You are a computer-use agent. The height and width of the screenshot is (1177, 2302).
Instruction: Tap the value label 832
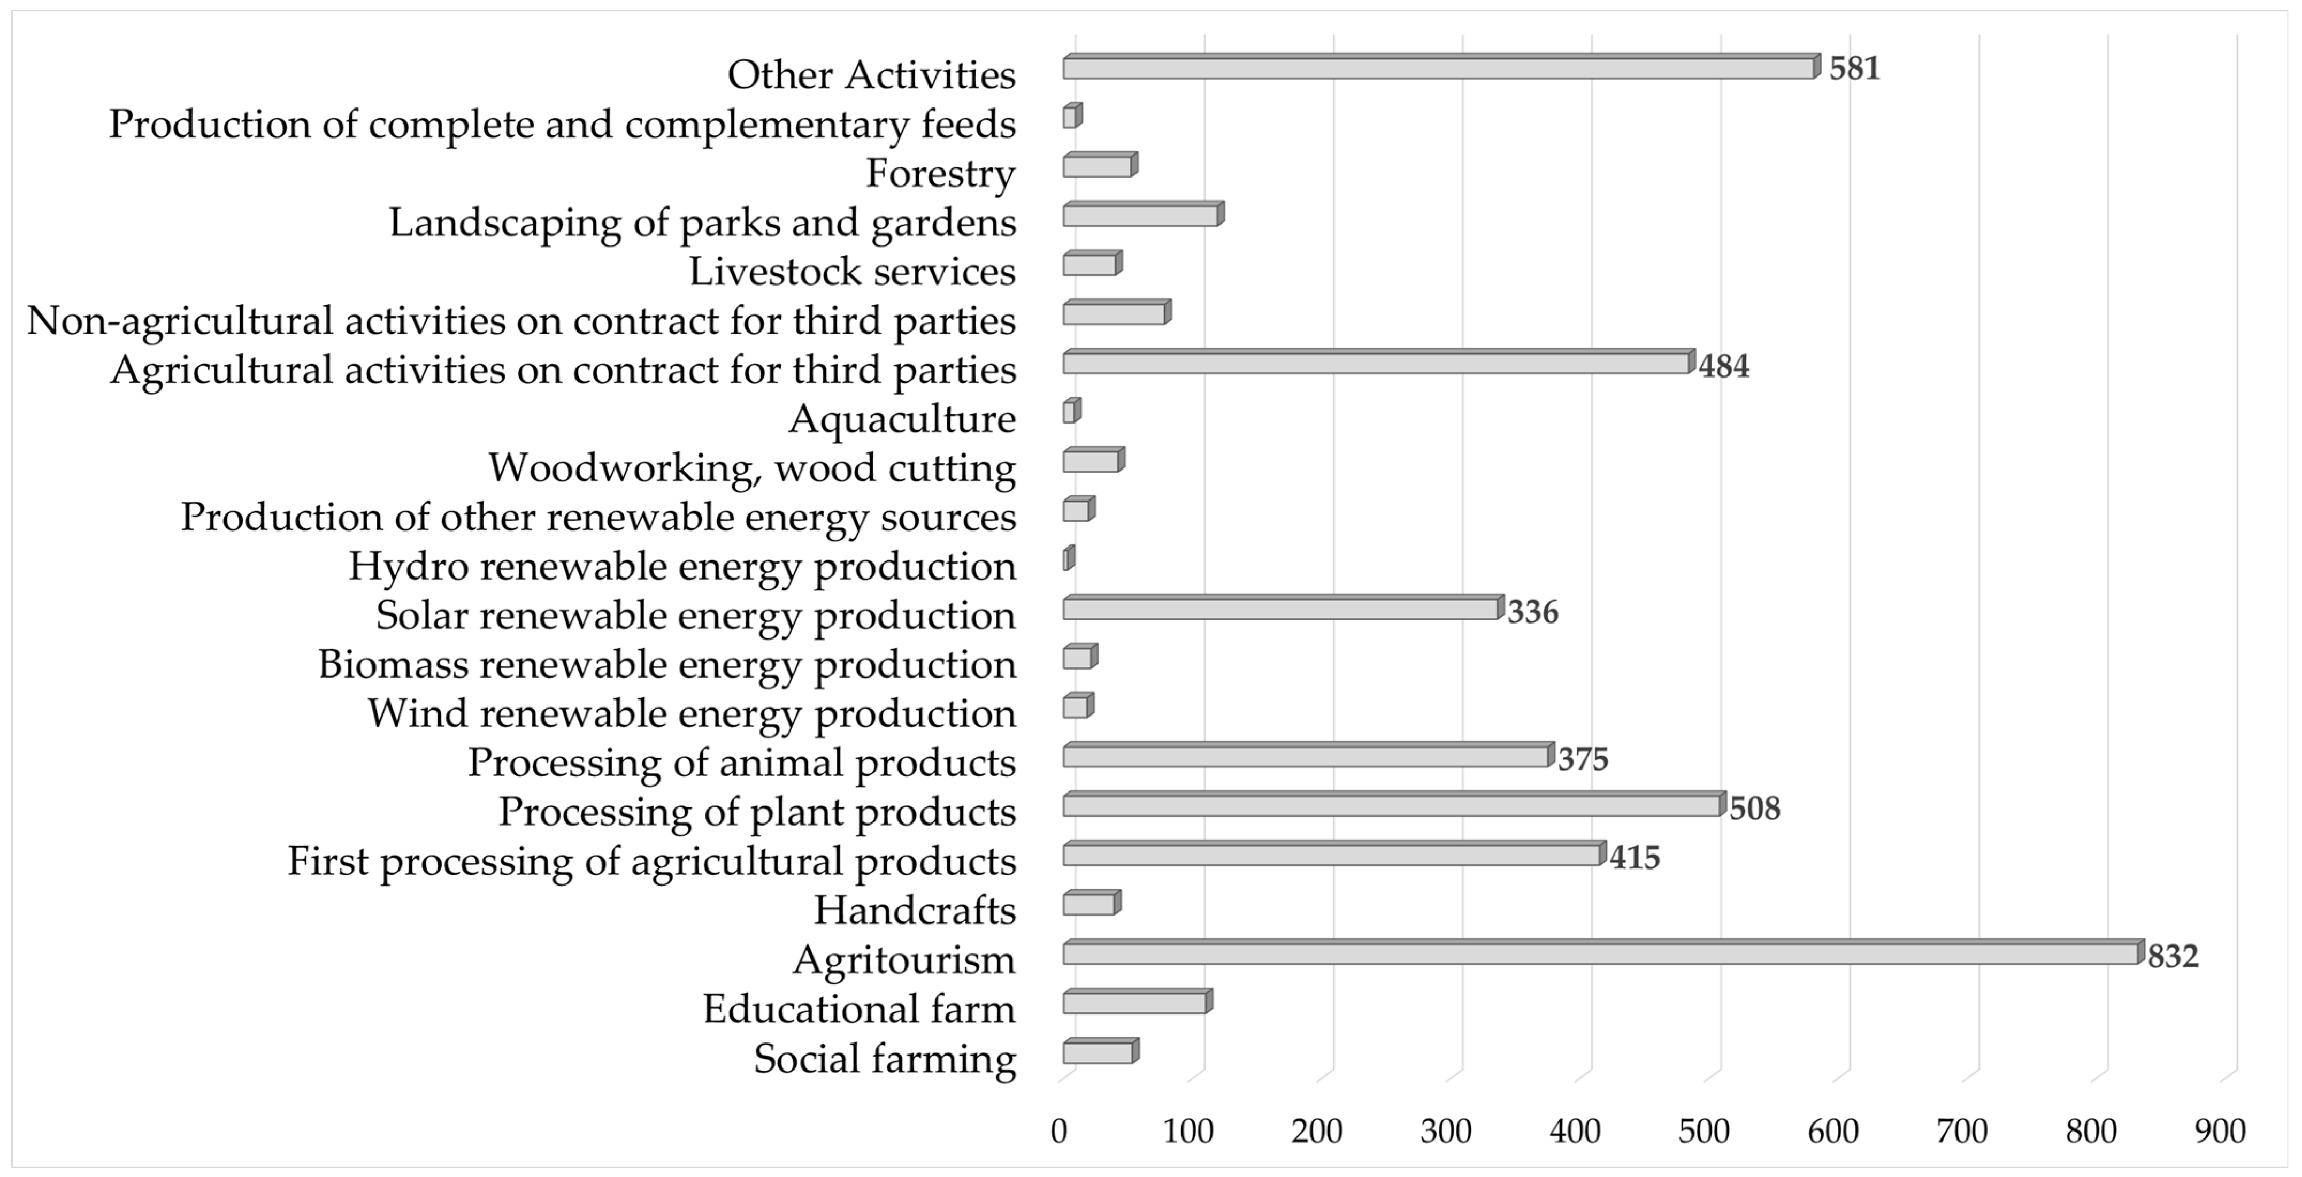[x=2173, y=956]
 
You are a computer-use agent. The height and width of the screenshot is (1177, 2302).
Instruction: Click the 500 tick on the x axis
[x=1704, y=1132]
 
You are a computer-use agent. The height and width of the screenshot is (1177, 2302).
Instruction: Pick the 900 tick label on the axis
[x=2220, y=1132]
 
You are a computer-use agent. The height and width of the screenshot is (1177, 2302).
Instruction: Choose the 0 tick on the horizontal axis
[x=1059, y=1132]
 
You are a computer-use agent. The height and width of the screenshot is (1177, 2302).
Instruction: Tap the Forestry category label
[x=940, y=173]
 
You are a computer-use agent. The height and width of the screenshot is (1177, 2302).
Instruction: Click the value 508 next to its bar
[x=1754, y=809]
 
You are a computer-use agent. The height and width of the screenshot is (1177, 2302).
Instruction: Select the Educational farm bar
[x=1135, y=1003]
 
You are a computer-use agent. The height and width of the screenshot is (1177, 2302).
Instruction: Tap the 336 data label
[x=1532, y=612]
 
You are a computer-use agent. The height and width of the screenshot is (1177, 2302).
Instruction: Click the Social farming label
[x=885, y=1058]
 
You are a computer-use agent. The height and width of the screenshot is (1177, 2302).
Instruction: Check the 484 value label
[x=1724, y=366]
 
